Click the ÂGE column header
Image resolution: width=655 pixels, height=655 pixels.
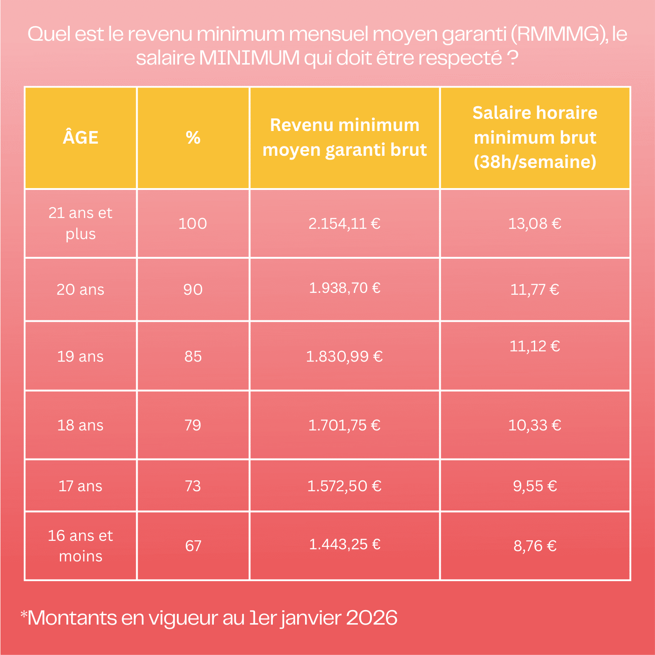pos(80,138)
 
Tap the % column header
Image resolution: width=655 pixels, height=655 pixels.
pos(193,138)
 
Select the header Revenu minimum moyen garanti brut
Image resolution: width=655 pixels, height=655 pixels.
pos(345,138)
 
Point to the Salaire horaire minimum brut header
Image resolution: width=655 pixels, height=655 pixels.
pos(535,138)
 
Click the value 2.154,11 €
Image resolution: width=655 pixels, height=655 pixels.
pos(344,224)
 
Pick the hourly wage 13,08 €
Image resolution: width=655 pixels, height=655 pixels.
pos(535,224)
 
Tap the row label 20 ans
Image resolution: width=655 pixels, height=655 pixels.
pos(80,290)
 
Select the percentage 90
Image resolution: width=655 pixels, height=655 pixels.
pos(193,290)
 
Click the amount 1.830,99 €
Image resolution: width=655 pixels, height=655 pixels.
pos(344,357)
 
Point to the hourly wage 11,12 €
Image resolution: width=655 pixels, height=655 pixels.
pos(535,346)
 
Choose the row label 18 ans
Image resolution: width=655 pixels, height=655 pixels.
pos(80,425)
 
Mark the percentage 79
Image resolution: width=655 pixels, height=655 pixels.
pos(193,425)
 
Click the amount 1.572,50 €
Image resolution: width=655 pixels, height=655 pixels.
pos(344,486)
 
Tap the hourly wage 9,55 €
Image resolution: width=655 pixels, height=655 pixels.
pos(535,486)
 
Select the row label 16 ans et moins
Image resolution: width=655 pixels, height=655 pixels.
pos(80,546)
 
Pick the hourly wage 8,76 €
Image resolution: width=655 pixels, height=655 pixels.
pos(535,546)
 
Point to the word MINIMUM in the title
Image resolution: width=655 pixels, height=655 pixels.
pos(249,58)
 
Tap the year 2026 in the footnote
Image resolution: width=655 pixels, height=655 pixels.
pos(371,618)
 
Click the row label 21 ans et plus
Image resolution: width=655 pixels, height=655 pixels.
pos(80,223)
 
